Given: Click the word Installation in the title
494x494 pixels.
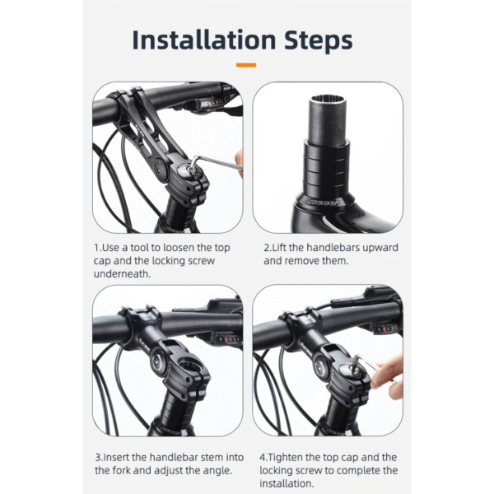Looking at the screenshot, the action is click(x=204, y=40).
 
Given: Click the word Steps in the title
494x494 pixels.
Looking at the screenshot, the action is click(x=319, y=40).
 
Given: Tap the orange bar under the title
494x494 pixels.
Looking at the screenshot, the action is click(x=246, y=65).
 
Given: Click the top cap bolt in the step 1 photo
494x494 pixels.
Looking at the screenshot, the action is click(x=189, y=170).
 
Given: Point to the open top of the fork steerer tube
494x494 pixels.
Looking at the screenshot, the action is click(x=328, y=100).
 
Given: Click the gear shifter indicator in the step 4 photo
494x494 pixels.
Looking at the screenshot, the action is click(x=387, y=329).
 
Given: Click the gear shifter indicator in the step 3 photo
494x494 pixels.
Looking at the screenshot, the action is click(x=229, y=340).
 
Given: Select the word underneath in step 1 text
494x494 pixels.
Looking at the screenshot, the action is click(x=121, y=274).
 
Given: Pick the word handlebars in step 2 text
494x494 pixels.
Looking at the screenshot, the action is click(x=333, y=248).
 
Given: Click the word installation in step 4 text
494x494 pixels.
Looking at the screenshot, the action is click(x=287, y=483).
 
